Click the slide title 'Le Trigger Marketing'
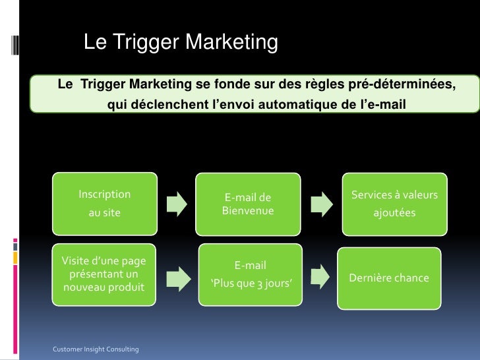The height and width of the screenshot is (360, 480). point(180,43)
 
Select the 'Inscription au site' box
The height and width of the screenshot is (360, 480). point(104,204)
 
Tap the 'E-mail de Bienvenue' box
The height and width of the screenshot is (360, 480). point(247,204)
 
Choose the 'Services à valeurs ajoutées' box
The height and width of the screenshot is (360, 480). point(394,204)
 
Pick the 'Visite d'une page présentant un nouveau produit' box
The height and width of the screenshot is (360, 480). point(104,274)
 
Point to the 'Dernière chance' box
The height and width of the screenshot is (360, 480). point(389,278)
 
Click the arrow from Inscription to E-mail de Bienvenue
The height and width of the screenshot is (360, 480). point(176,203)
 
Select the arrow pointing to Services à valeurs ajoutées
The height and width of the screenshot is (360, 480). point(321,203)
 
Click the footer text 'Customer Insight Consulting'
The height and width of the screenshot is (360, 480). point(96,349)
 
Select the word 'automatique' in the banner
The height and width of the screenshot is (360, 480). point(299,104)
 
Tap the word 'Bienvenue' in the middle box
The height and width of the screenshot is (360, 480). point(247,211)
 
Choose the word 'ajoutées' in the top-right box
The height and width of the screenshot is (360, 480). point(394,213)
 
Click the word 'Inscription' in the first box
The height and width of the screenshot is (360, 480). point(104,195)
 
